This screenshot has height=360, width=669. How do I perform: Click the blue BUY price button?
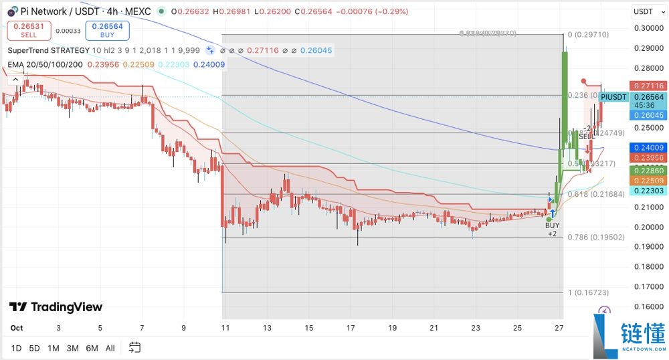click(106, 30)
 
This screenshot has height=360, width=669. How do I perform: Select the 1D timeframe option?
click(17, 348)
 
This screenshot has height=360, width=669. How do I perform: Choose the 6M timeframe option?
click(92, 348)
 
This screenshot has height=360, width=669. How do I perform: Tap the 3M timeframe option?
click(73, 348)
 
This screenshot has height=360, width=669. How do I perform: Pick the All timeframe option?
click(110, 348)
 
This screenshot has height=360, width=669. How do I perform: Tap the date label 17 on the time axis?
click(351, 328)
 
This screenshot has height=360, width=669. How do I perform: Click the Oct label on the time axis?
click(17, 328)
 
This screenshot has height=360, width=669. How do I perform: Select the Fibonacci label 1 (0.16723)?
click(588, 292)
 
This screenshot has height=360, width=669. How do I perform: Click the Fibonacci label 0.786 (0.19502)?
click(587, 238)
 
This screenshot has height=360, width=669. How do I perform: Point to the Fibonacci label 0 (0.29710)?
click(588, 34)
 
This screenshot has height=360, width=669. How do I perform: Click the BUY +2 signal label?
click(552, 230)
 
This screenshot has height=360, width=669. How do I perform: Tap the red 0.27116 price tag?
click(648, 86)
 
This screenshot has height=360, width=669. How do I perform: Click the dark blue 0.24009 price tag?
click(648, 148)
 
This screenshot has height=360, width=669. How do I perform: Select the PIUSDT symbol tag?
click(613, 97)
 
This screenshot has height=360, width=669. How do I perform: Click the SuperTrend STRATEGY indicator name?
click(48, 50)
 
